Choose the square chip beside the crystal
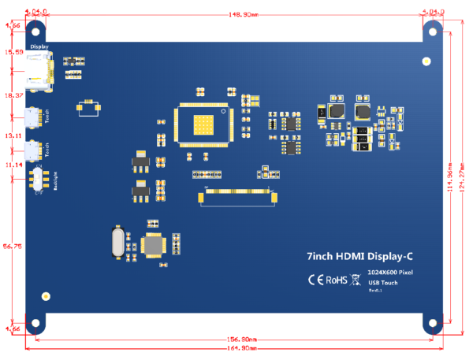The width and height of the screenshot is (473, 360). (151, 245)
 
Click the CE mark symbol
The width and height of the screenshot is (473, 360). (315, 279)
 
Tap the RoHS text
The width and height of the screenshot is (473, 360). (337, 279)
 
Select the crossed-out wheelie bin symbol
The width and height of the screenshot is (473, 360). (356, 279)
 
